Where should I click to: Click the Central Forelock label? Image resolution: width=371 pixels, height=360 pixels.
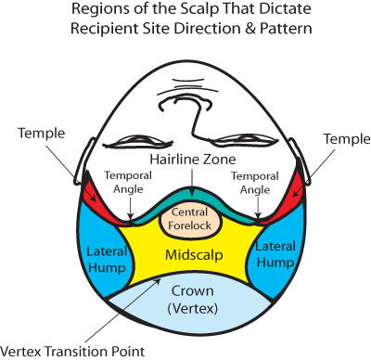(x=189, y=219)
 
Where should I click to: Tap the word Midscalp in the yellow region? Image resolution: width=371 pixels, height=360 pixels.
(x=194, y=255)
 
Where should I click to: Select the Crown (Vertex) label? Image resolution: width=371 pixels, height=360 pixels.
(x=192, y=300)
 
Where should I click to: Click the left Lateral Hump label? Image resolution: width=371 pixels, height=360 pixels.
(x=107, y=260)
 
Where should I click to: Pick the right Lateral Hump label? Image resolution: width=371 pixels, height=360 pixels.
(x=275, y=255)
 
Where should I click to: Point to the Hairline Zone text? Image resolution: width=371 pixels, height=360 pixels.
(x=193, y=160)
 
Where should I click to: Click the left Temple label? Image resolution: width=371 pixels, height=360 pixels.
(x=42, y=134)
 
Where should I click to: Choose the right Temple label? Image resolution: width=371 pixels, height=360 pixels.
(x=347, y=139)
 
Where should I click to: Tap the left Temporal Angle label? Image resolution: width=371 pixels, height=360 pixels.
(x=128, y=182)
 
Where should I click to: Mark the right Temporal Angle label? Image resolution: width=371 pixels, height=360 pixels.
(x=255, y=183)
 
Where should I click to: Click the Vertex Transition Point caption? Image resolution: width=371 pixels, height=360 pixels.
(x=72, y=352)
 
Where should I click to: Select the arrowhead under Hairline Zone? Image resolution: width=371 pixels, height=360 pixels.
(x=192, y=193)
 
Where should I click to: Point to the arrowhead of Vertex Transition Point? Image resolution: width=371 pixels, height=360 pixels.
(x=159, y=280)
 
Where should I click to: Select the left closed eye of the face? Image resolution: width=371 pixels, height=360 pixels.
(x=138, y=141)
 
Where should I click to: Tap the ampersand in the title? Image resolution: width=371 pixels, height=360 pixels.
(x=249, y=29)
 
